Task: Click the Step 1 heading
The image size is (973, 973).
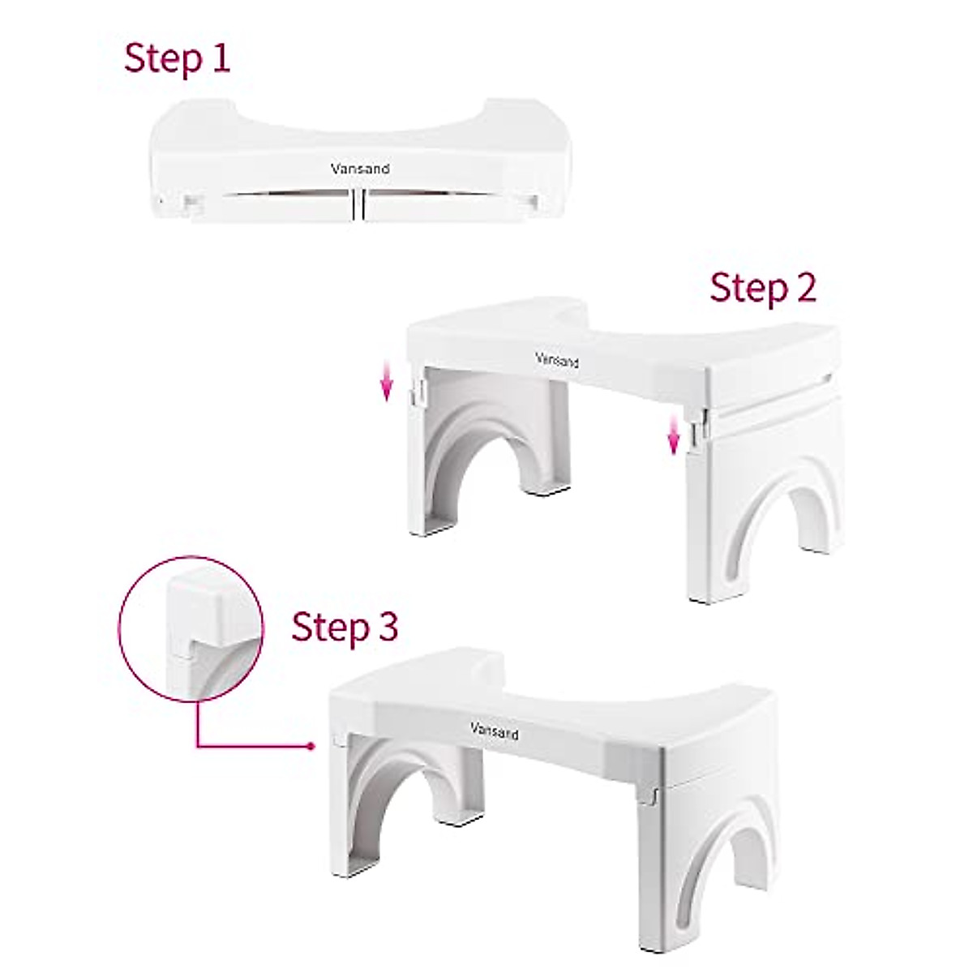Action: pyautogui.click(x=178, y=59)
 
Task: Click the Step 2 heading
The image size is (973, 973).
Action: pyautogui.click(x=763, y=289)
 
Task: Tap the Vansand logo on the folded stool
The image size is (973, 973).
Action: pyautogui.click(x=360, y=169)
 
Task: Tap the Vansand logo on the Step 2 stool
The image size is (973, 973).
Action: pyautogui.click(x=557, y=359)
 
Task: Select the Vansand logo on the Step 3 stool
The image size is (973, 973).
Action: pyautogui.click(x=495, y=731)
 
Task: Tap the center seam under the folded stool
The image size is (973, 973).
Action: pyautogui.click(x=358, y=205)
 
